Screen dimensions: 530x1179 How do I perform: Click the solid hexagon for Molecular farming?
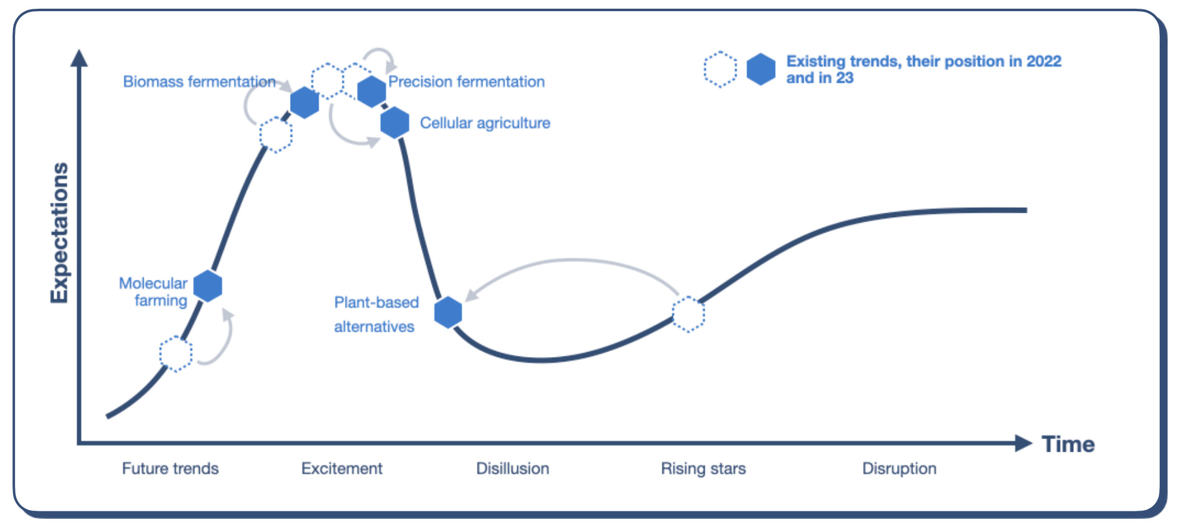pyautogui.click(x=207, y=286)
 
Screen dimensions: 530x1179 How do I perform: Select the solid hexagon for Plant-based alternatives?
pyautogui.click(x=448, y=312)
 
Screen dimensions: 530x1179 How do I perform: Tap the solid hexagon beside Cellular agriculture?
pyautogui.click(x=395, y=123)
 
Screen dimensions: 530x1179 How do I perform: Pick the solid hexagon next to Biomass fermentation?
pyautogui.click(x=304, y=103)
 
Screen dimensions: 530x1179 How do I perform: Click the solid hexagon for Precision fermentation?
pyautogui.click(x=372, y=91)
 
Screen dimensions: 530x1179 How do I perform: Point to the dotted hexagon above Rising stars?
pyautogui.click(x=688, y=314)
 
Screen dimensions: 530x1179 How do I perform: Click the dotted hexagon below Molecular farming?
pyautogui.click(x=176, y=353)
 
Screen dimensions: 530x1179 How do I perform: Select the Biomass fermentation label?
pyautogui.click(x=199, y=81)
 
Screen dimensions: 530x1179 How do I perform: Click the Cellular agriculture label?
pyautogui.click(x=485, y=123)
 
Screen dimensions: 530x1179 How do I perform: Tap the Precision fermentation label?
pyautogui.click(x=466, y=81)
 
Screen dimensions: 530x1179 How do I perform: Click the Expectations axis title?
pyautogui.click(x=59, y=233)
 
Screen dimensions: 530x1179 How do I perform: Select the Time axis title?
pyautogui.click(x=1068, y=444)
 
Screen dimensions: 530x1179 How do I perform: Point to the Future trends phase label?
pyautogui.click(x=170, y=468)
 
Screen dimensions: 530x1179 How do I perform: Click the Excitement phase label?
pyautogui.click(x=342, y=468)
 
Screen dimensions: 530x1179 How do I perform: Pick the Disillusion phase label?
pyautogui.click(x=512, y=468)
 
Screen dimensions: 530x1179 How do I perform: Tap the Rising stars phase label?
pyautogui.click(x=703, y=468)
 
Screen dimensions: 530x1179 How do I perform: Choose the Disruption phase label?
pyautogui.click(x=899, y=468)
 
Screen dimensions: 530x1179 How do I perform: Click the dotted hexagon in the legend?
pyautogui.click(x=720, y=69)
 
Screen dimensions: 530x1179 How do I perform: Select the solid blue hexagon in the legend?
pyautogui.click(x=761, y=69)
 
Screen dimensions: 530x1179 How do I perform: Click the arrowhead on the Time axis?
pyautogui.click(x=1023, y=443)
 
